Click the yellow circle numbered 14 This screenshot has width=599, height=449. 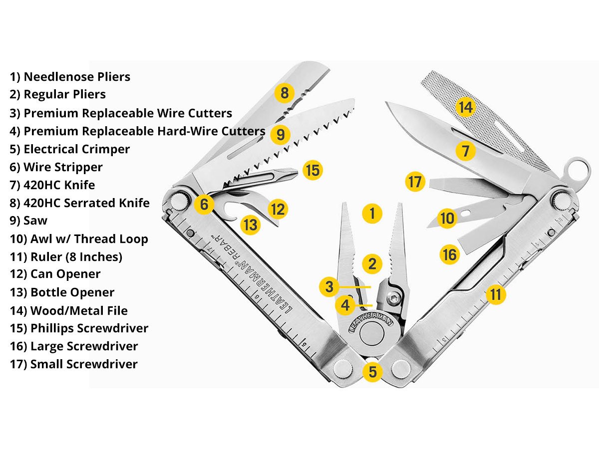pyautogui.click(x=465, y=106)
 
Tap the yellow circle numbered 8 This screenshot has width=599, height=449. pyautogui.click(x=284, y=92)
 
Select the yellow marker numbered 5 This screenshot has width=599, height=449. pyautogui.click(x=373, y=371)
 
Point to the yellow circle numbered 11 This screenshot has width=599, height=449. pyautogui.click(x=495, y=294)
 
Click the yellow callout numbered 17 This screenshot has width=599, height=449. pyautogui.click(x=415, y=182)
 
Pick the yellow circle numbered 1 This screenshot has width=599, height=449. pyautogui.click(x=372, y=214)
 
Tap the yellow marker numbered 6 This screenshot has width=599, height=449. pyautogui.click(x=204, y=204)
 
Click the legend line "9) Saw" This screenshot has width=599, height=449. pyautogui.click(x=28, y=221)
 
